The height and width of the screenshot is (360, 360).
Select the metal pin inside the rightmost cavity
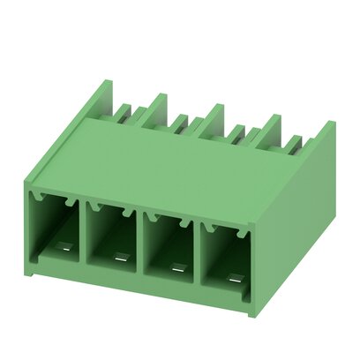[233, 276]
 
